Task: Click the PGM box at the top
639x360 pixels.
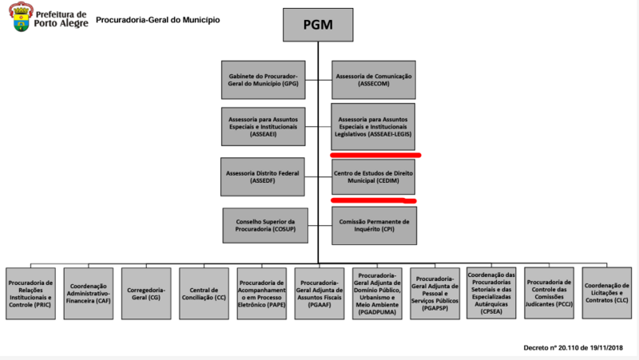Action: point(318,24)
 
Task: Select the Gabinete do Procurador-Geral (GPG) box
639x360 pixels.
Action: point(263,79)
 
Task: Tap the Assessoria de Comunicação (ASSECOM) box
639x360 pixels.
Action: point(373,79)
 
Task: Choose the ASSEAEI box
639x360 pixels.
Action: point(263,126)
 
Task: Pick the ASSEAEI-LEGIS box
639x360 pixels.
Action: point(373,125)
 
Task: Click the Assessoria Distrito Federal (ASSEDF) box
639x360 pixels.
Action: point(263,176)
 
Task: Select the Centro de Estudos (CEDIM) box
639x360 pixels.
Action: point(373,176)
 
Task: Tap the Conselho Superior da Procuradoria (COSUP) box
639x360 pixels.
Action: point(263,225)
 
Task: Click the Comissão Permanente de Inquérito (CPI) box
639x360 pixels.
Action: point(373,225)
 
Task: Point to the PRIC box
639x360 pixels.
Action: point(30,293)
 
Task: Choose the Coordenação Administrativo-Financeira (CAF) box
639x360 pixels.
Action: point(89,293)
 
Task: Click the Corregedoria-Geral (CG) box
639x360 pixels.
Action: point(147,293)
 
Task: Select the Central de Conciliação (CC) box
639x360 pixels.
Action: point(204,293)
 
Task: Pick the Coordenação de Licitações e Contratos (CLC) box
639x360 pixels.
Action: point(607,293)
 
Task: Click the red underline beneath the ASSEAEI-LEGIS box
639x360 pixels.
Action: point(375,155)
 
